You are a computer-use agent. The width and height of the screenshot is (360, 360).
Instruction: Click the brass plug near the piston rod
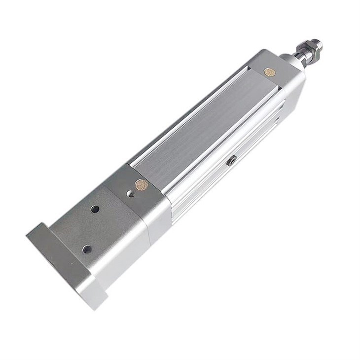(269, 72)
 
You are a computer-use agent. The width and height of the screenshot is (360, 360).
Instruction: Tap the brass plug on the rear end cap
(142, 185)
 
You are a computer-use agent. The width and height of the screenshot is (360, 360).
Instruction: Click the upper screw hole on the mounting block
(95, 209)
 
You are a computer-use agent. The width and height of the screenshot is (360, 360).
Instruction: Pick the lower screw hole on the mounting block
(87, 249)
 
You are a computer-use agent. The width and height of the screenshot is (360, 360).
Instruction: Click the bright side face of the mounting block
(126, 266)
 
